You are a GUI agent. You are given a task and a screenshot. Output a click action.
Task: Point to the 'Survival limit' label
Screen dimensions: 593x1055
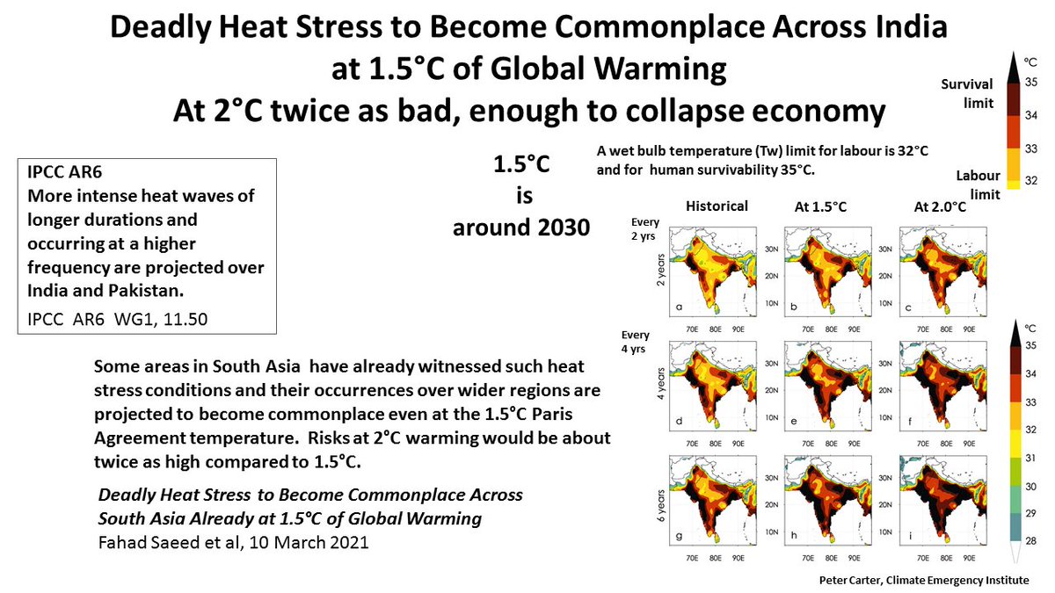[967, 93]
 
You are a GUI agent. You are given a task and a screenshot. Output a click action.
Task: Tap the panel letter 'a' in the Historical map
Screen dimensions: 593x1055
[679, 307]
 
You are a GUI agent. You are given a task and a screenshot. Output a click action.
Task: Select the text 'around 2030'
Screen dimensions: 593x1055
[520, 228]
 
